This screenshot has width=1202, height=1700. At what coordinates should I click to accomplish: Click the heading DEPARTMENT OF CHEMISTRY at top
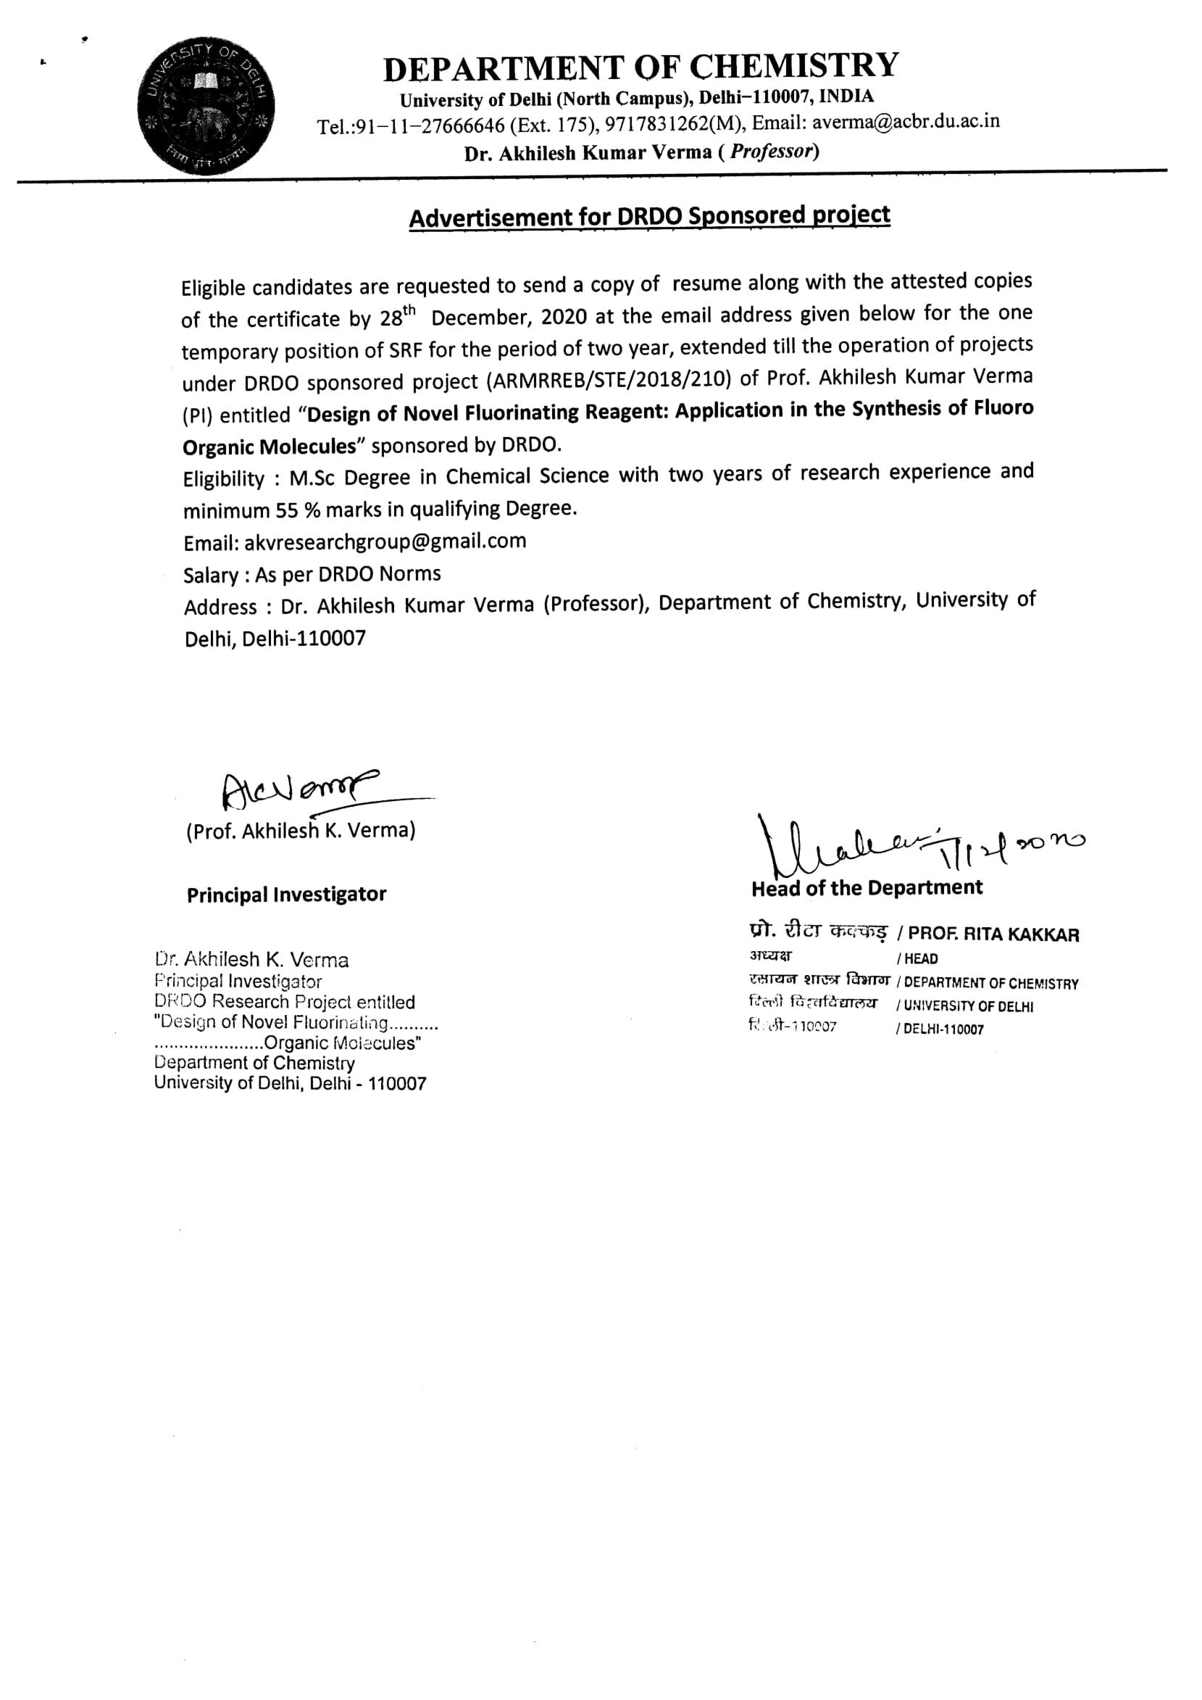(641, 67)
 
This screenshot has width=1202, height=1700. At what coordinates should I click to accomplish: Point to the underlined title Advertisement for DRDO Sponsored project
(649, 216)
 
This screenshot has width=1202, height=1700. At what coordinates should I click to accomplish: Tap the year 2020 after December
(564, 317)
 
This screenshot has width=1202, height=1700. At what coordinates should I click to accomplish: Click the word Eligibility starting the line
(224, 479)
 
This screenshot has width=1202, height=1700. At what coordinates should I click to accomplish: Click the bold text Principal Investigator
(286, 895)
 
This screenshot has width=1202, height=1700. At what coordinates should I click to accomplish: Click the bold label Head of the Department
(867, 888)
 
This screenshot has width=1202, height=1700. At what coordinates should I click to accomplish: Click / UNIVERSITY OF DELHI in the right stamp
(964, 1007)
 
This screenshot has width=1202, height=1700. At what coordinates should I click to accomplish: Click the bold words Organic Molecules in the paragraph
(270, 447)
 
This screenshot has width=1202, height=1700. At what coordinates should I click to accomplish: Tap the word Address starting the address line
(220, 608)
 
